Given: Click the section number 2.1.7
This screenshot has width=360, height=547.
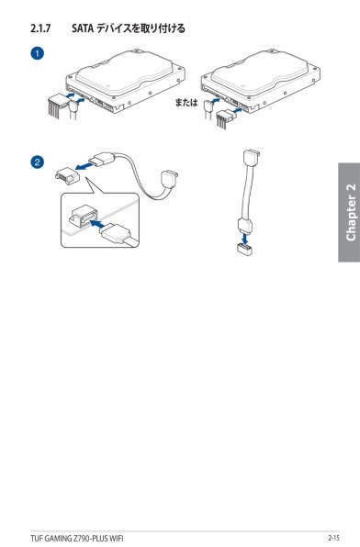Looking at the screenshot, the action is click(40, 28).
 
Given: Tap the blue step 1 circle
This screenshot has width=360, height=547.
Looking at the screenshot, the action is click(38, 53).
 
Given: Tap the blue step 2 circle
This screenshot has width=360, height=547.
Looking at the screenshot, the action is click(38, 162).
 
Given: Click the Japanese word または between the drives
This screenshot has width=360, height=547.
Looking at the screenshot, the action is click(186, 102).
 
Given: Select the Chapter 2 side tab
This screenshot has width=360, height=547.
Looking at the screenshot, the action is click(349, 212).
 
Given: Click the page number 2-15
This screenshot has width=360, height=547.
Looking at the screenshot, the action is click(333, 538).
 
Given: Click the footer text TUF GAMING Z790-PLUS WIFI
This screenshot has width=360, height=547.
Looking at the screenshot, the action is click(77, 538).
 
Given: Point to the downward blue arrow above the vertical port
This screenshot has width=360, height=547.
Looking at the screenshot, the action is click(246, 239).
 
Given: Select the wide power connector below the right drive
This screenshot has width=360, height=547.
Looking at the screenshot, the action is click(224, 118).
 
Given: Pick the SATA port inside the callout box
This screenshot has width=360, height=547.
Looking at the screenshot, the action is click(83, 218).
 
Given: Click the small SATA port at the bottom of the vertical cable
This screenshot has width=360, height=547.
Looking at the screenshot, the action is click(245, 250).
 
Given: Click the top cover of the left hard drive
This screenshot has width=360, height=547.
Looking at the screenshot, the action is click(125, 73).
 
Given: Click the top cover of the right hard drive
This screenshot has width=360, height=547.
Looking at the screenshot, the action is click(260, 73).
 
